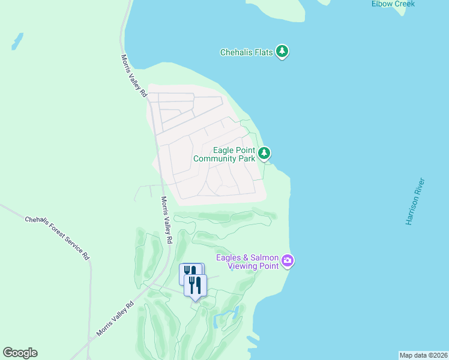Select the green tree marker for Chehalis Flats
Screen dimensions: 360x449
(x=282, y=52)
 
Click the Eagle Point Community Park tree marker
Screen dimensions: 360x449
(x=264, y=154)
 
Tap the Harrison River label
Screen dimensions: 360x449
(x=415, y=202)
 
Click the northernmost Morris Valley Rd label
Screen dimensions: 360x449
(x=134, y=76)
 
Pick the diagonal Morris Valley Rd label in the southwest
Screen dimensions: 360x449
(x=114, y=319)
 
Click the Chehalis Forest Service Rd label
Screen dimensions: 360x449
(x=58, y=238)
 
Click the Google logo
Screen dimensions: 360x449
(x=20, y=353)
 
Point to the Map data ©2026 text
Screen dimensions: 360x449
(x=423, y=355)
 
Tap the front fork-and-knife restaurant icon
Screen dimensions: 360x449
(x=195, y=285)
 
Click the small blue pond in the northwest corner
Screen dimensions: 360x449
(x=17, y=41)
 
